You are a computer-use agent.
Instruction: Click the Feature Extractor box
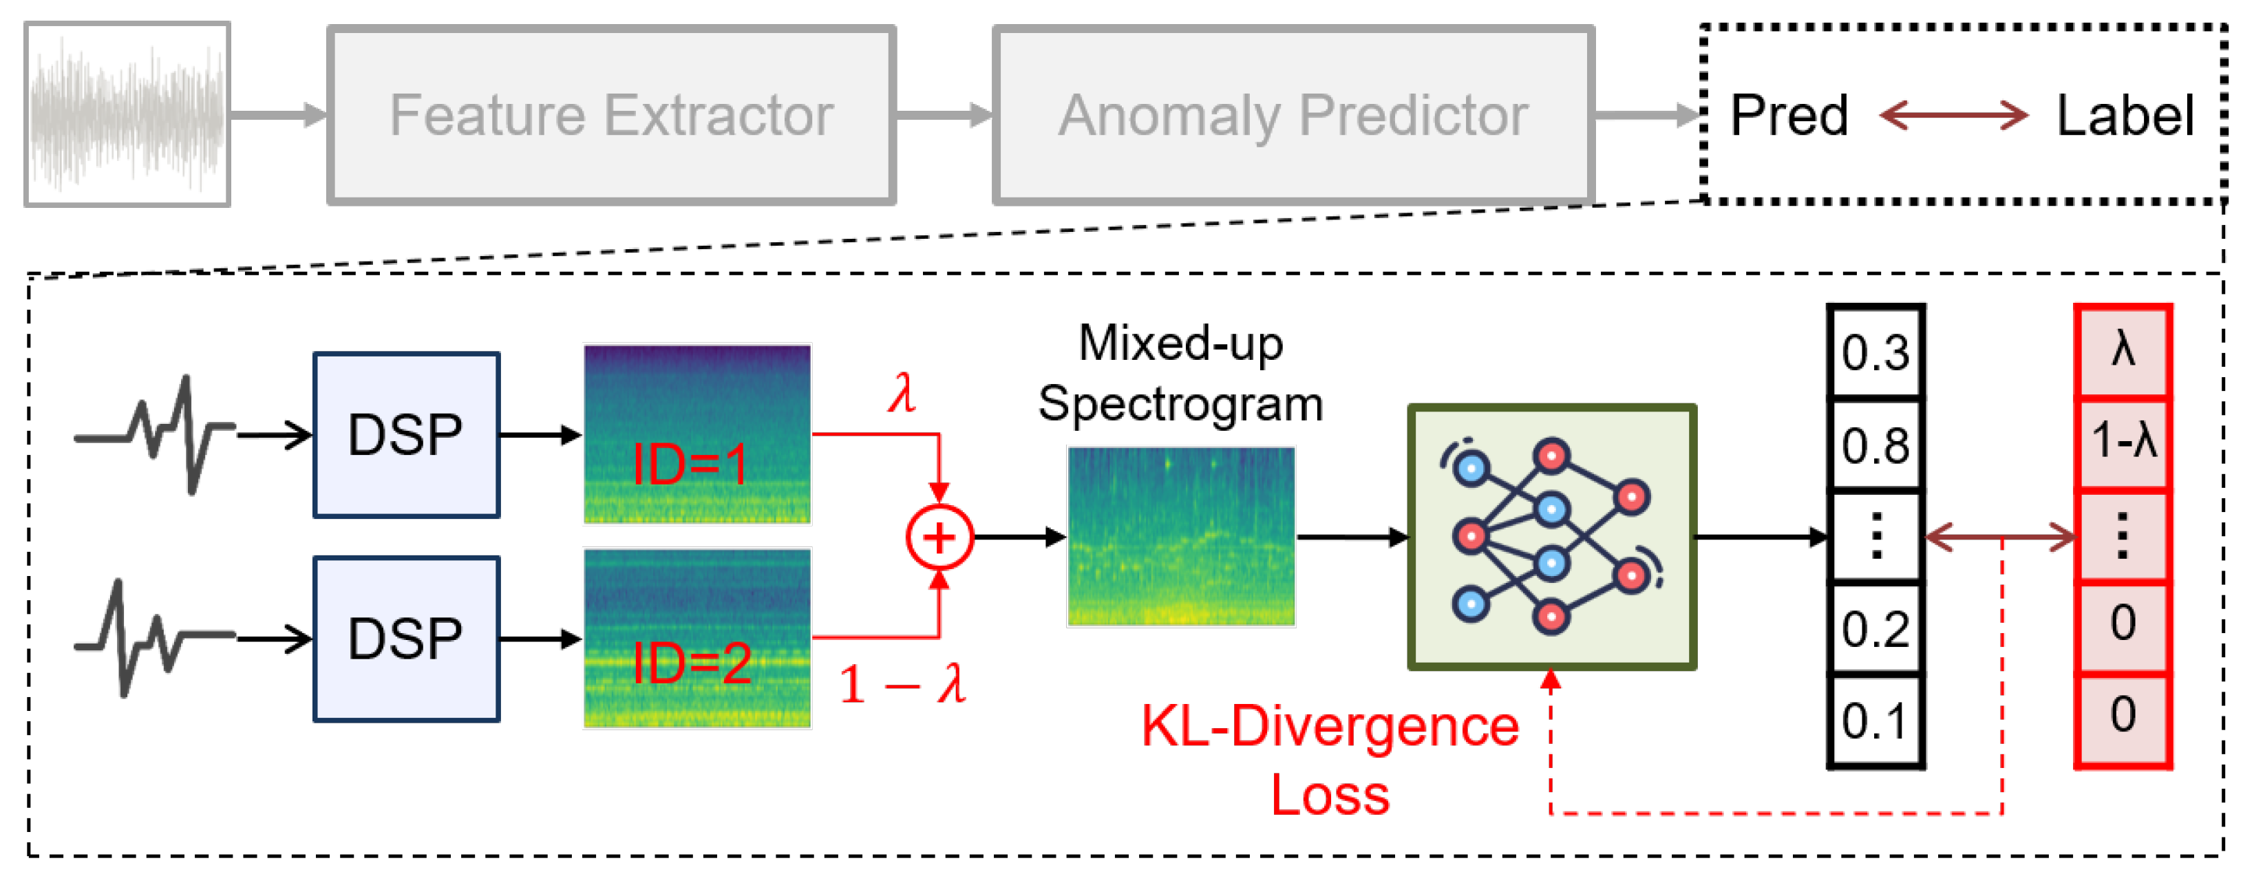coord(610,115)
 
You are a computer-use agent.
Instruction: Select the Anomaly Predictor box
coord(1293,115)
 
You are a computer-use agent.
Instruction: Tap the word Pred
coord(1789,115)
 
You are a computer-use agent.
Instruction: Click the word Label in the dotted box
coord(2125,115)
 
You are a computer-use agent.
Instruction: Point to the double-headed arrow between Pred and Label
coord(1954,115)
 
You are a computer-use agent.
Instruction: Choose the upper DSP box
coord(406,434)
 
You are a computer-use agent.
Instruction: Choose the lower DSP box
coord(406,639)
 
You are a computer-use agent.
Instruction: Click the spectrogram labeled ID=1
coord(697,434)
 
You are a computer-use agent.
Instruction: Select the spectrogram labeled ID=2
coord(697,638)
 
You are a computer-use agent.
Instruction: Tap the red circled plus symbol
coord(939,537)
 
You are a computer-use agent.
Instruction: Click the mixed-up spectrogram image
coord(1181,536)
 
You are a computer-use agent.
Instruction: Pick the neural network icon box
coord(1551,536)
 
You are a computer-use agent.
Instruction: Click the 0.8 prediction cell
coord(1875,445)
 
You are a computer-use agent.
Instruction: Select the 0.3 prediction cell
coord(1875,352)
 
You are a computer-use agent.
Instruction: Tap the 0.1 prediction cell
coord(1875,720)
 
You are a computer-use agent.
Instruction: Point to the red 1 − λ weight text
coord(902,684)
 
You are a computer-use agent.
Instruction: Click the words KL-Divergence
coord(1330,727)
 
